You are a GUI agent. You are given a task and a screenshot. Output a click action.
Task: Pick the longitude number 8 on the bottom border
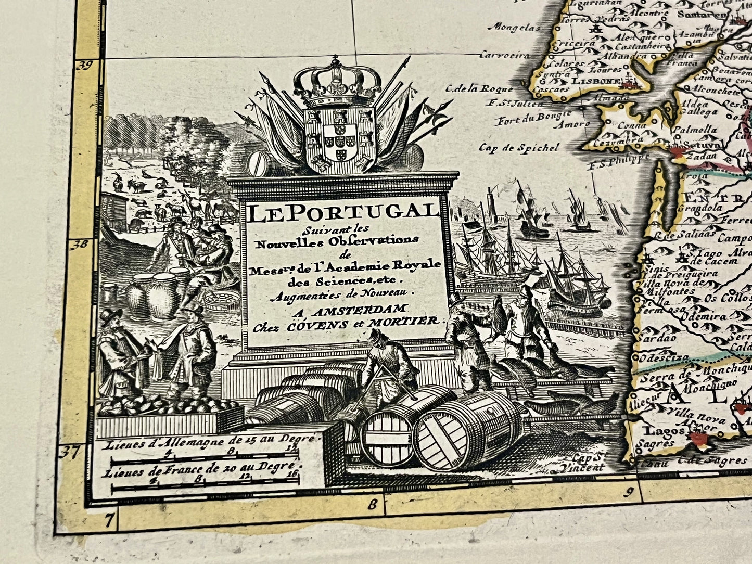pos(372,503)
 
